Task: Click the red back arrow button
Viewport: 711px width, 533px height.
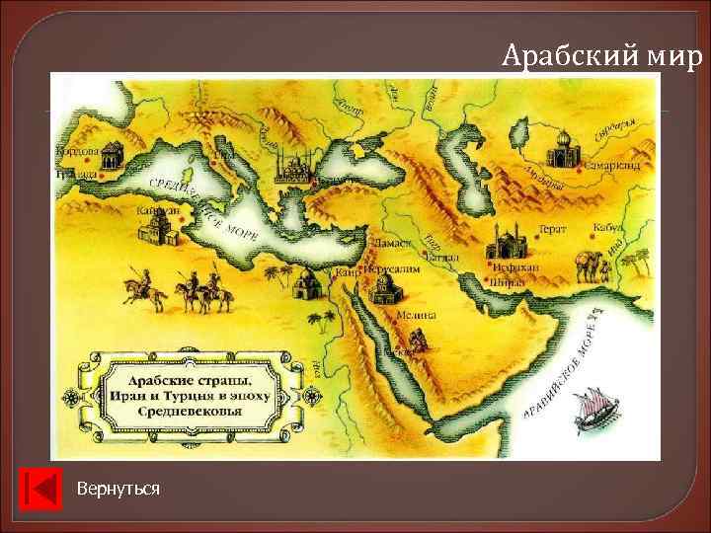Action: tap(40, 490)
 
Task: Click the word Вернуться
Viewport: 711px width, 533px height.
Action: tap(118, 490)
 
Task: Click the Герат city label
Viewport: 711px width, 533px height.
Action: tap(580, 229)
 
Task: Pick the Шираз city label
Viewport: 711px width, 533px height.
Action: tap(505, 280)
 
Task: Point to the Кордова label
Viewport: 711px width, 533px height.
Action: tap(76, 153)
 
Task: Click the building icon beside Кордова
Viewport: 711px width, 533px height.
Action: tap(111, 152)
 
